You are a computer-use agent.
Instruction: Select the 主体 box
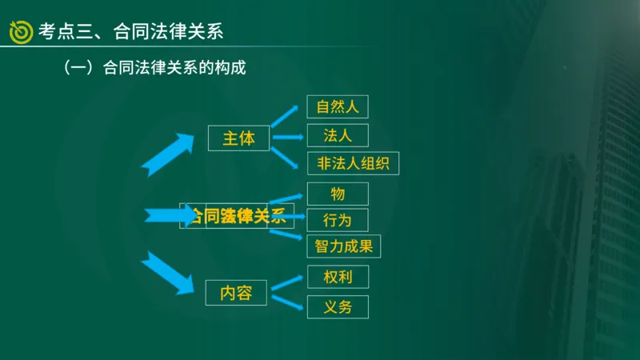point(238,138)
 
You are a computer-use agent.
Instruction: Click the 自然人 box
point(337,106)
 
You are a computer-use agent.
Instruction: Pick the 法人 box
point(337,134)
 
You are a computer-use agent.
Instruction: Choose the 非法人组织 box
point(353,162)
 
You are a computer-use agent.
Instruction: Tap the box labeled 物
point(337,194)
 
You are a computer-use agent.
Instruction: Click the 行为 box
point(337,219)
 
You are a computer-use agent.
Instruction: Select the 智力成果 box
point(343,246)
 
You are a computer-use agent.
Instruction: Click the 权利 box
point(337,277)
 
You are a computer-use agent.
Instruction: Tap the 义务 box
point(337,306)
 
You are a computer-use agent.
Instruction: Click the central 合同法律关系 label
point(236,215)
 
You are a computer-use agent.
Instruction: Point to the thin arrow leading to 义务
point(287,302)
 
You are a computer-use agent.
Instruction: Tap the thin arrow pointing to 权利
point(287,282)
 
